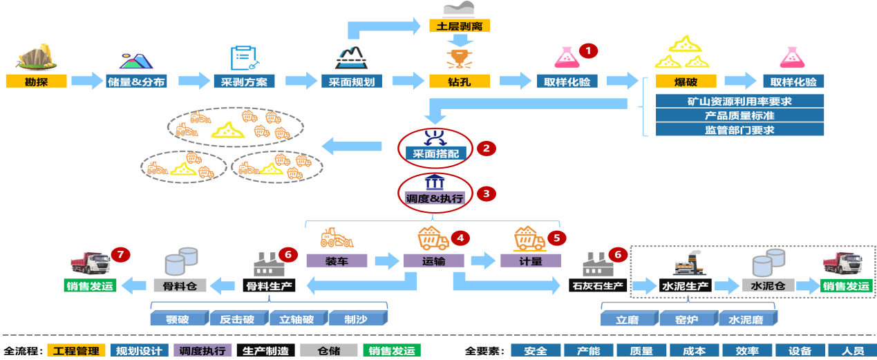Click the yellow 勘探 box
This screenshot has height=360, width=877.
(x=37, y=82)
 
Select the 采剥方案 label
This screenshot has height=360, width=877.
(x=244, y=82)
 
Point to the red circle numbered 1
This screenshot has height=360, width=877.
(x=587, y=50)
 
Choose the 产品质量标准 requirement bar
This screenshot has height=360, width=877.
(x=739, y=115)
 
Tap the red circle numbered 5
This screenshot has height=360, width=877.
(x=556, y=238)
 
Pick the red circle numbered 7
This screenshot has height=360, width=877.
(x=122, y=255)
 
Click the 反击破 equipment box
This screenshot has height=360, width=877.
(x=237, y=319)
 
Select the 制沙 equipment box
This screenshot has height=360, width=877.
(x=356, y=319)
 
